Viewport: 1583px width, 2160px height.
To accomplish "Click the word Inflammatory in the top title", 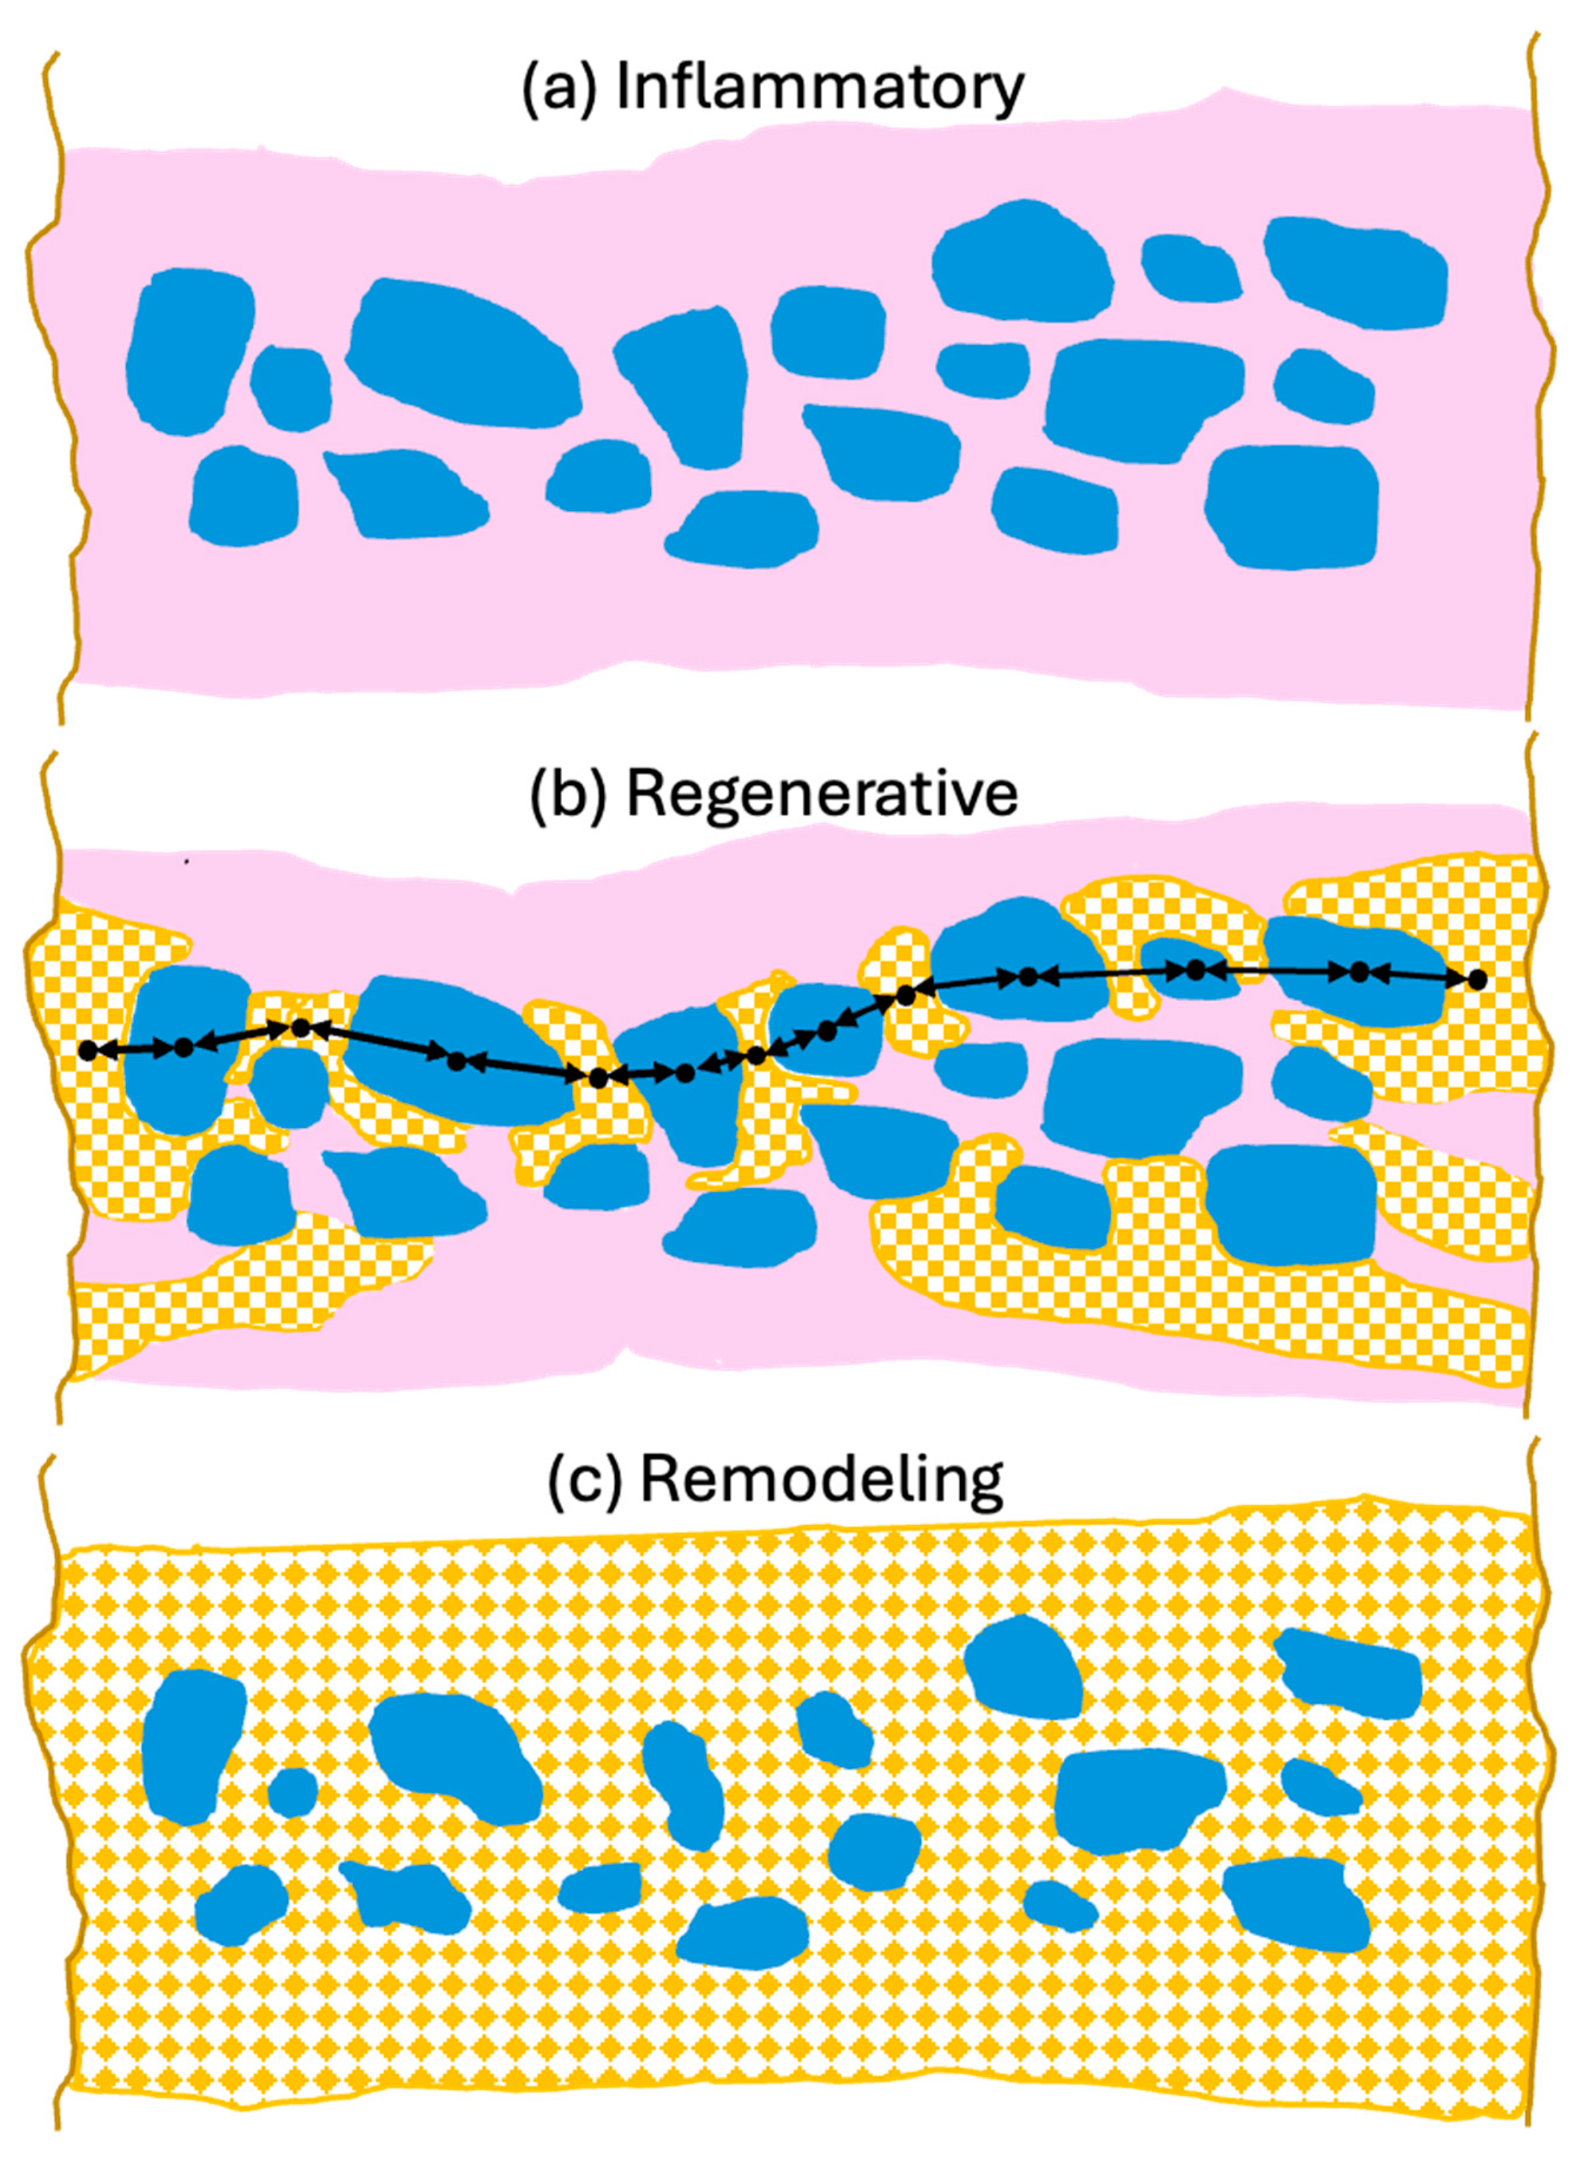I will [819, 88].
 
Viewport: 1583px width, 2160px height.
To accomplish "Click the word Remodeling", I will [821, 1480].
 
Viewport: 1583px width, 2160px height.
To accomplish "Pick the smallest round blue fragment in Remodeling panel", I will [292, 1792].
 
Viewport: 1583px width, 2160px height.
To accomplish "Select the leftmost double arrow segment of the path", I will [135, 1050].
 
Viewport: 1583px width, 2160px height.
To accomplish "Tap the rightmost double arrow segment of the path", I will [1419, 976].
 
